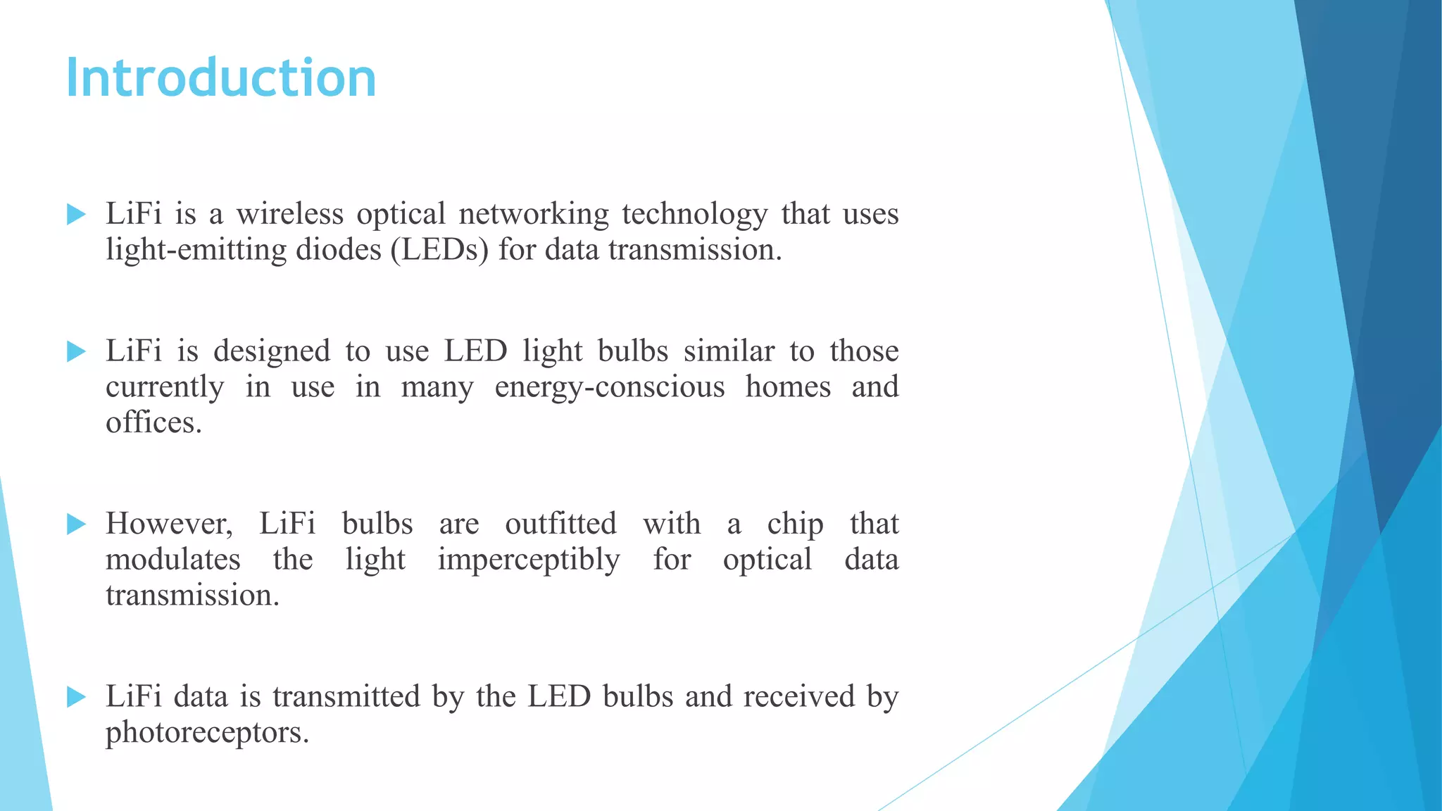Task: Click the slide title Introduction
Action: tap(221, 77)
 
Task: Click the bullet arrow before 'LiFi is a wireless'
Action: tap(76, 214)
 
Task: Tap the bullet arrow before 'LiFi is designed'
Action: tap(76, 351)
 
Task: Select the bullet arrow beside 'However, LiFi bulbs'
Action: tap(76, 524)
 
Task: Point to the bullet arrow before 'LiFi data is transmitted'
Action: tap(76, 697)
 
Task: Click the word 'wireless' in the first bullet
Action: tap(289, 214)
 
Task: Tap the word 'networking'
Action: tap(534, 214)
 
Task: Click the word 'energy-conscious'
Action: tap(610, 387)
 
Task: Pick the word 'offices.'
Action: tap(153, 422)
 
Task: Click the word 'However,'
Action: tap(169, 524)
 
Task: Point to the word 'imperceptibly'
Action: tap(529, 560)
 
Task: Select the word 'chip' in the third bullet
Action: tap(795, 524)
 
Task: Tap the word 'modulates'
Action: tap(173, 560)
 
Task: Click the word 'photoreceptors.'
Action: tap(208, 733)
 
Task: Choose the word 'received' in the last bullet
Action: tap(798, 696)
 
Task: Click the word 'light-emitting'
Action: tap(196, 250)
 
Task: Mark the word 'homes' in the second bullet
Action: tap(788, 387)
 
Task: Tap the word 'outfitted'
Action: tap(560, 524)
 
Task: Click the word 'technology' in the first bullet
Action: tap(695, 214)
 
